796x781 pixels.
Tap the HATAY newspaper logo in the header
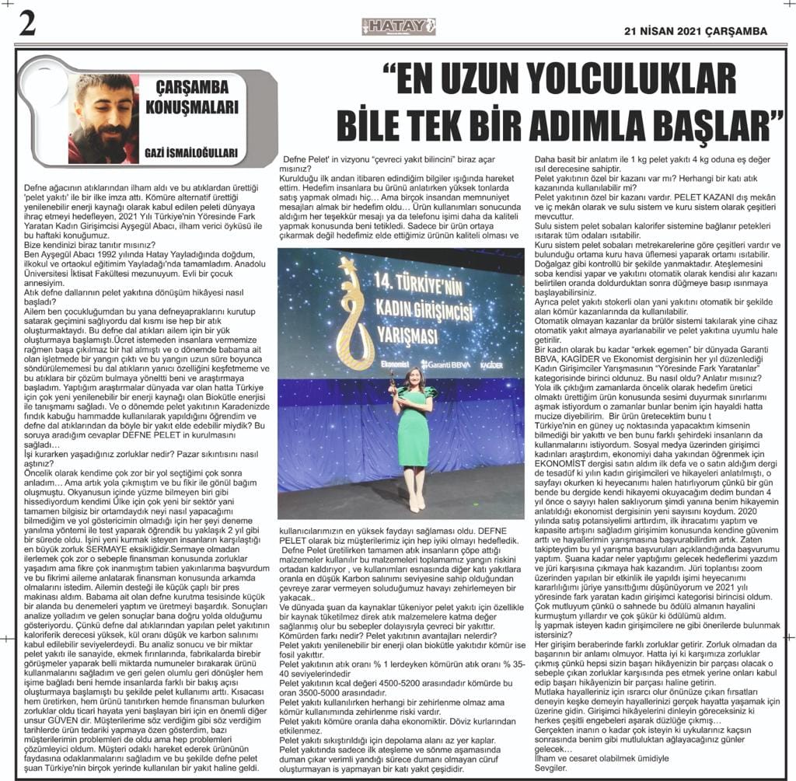(398, 28)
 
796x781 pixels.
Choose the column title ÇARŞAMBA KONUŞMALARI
(191, 97)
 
